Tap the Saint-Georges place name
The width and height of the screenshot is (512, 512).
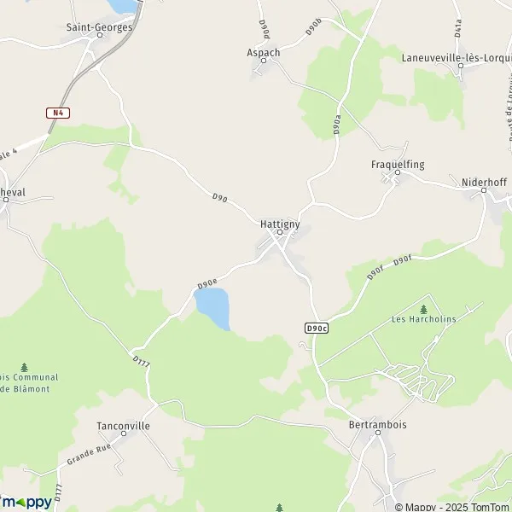click(x=100, y=27)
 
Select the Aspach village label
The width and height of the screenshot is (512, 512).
click(x=263, y=52)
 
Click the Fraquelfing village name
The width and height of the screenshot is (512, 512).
click(x=398, y=164)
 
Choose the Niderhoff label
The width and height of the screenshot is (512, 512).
click(x=485, y=182)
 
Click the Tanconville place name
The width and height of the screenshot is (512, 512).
click(x=123, y=426)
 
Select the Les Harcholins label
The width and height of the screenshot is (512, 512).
click(x=423, y=320)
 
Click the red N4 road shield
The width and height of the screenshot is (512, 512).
click(x=57, y=113)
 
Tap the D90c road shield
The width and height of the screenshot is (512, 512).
click(x=316, y=328)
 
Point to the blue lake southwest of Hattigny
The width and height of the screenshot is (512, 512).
click(x=213, y=308)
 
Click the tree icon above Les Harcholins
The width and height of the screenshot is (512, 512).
click(x=423, y=308)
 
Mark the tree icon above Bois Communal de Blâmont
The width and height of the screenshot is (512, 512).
click(x=24, y=367)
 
